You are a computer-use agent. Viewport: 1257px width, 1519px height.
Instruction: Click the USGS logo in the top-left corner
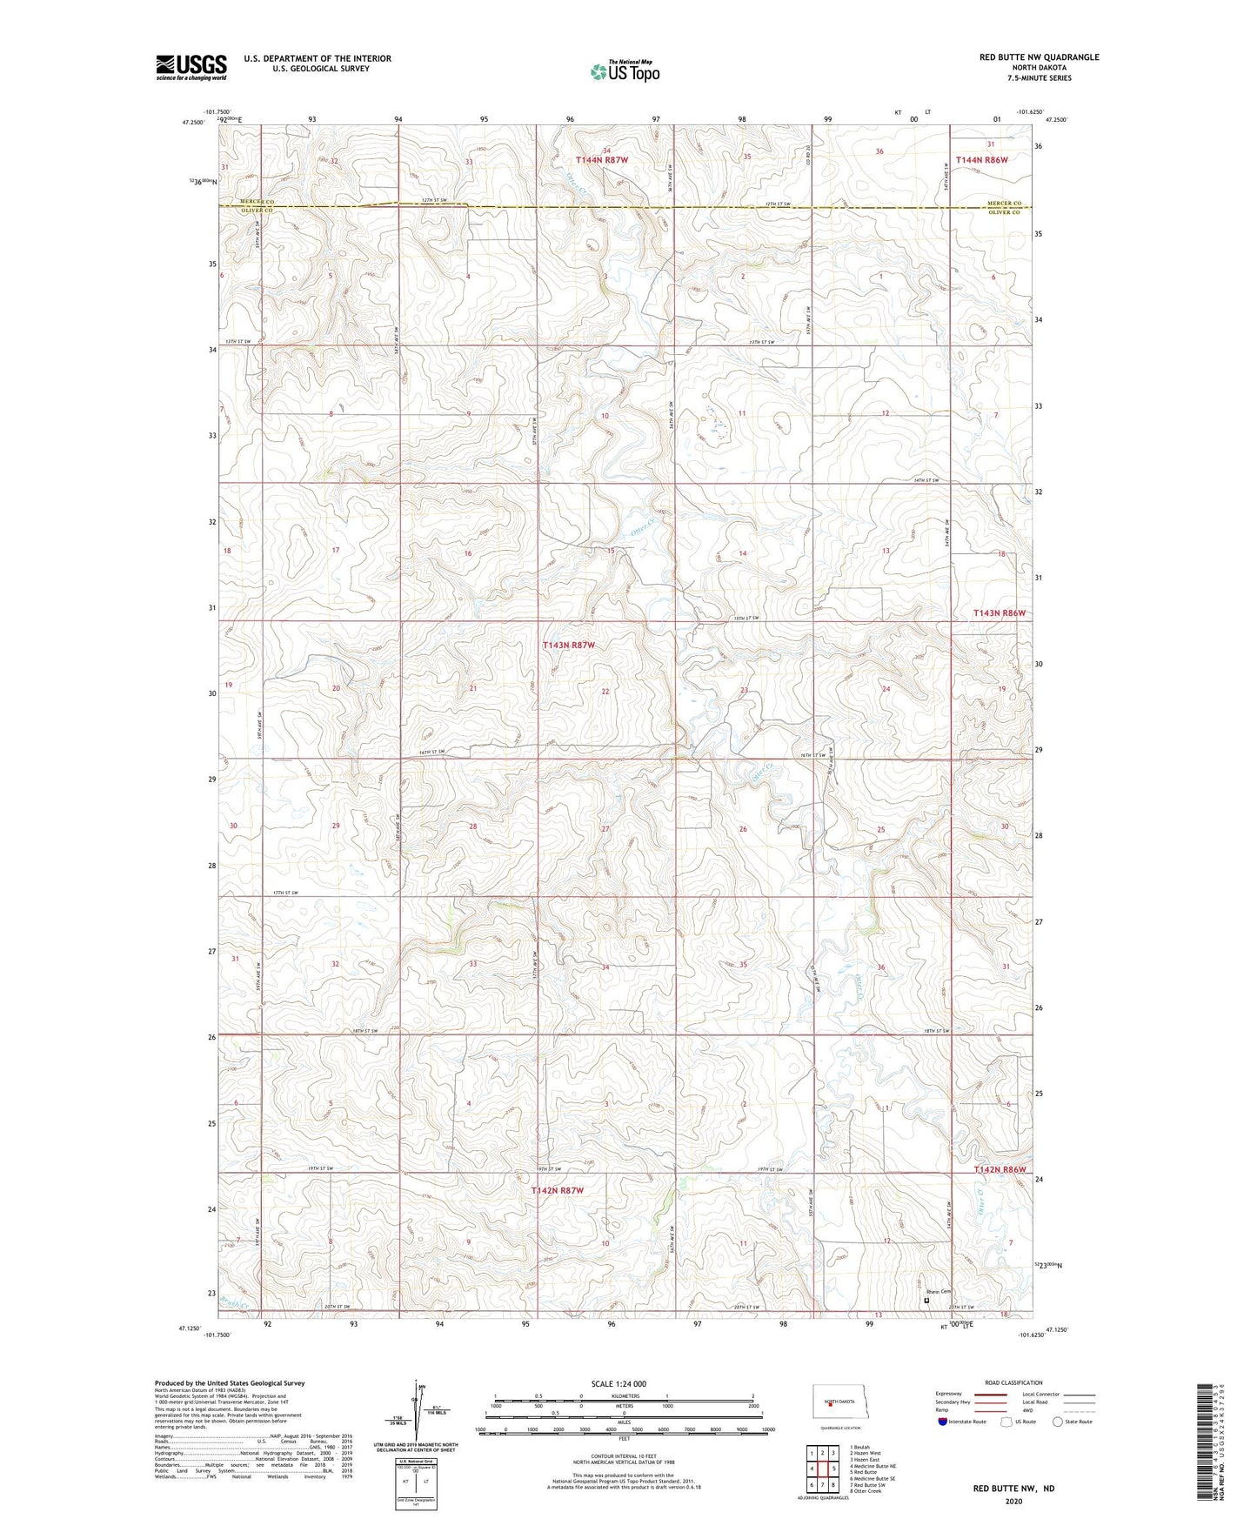(x=191, y=67)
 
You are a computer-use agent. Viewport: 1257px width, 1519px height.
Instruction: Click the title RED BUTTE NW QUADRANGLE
(x=1039, y=57)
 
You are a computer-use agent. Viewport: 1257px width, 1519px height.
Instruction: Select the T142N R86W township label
(x=1000, y=1169)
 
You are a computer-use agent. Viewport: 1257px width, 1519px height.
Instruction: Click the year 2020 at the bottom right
(x=1013, y=1502)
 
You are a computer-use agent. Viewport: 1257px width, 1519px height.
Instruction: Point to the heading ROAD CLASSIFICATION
(x=1013, y=1382)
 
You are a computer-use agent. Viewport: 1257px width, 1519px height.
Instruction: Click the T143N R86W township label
(x=1000, y=612)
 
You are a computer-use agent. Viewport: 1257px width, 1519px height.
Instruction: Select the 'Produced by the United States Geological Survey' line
(x=230, y=1382)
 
